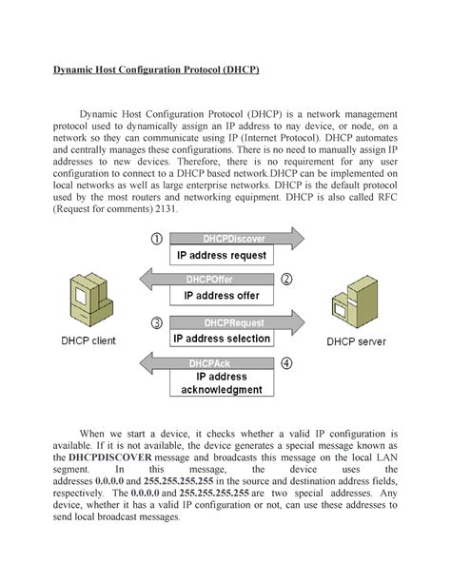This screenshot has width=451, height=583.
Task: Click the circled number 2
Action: (287, 280)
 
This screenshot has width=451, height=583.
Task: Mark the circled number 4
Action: (287, 363)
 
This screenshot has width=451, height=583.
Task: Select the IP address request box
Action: (222, 256)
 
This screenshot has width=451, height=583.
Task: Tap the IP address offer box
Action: (222, 296)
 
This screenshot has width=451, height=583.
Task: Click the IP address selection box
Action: (222, 339)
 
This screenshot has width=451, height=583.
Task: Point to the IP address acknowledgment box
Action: (222, 383)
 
